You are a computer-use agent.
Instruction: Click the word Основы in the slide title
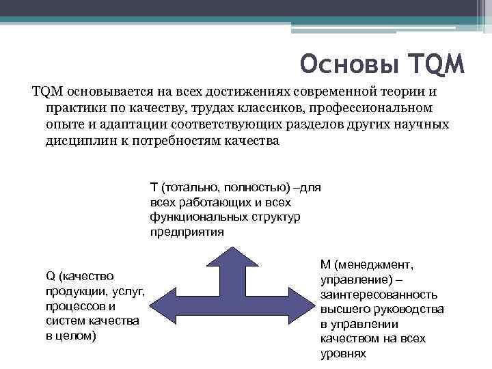pos(348,65)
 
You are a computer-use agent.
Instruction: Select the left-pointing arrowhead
pos(164,301)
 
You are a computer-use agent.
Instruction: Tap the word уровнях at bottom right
pos(343,354)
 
